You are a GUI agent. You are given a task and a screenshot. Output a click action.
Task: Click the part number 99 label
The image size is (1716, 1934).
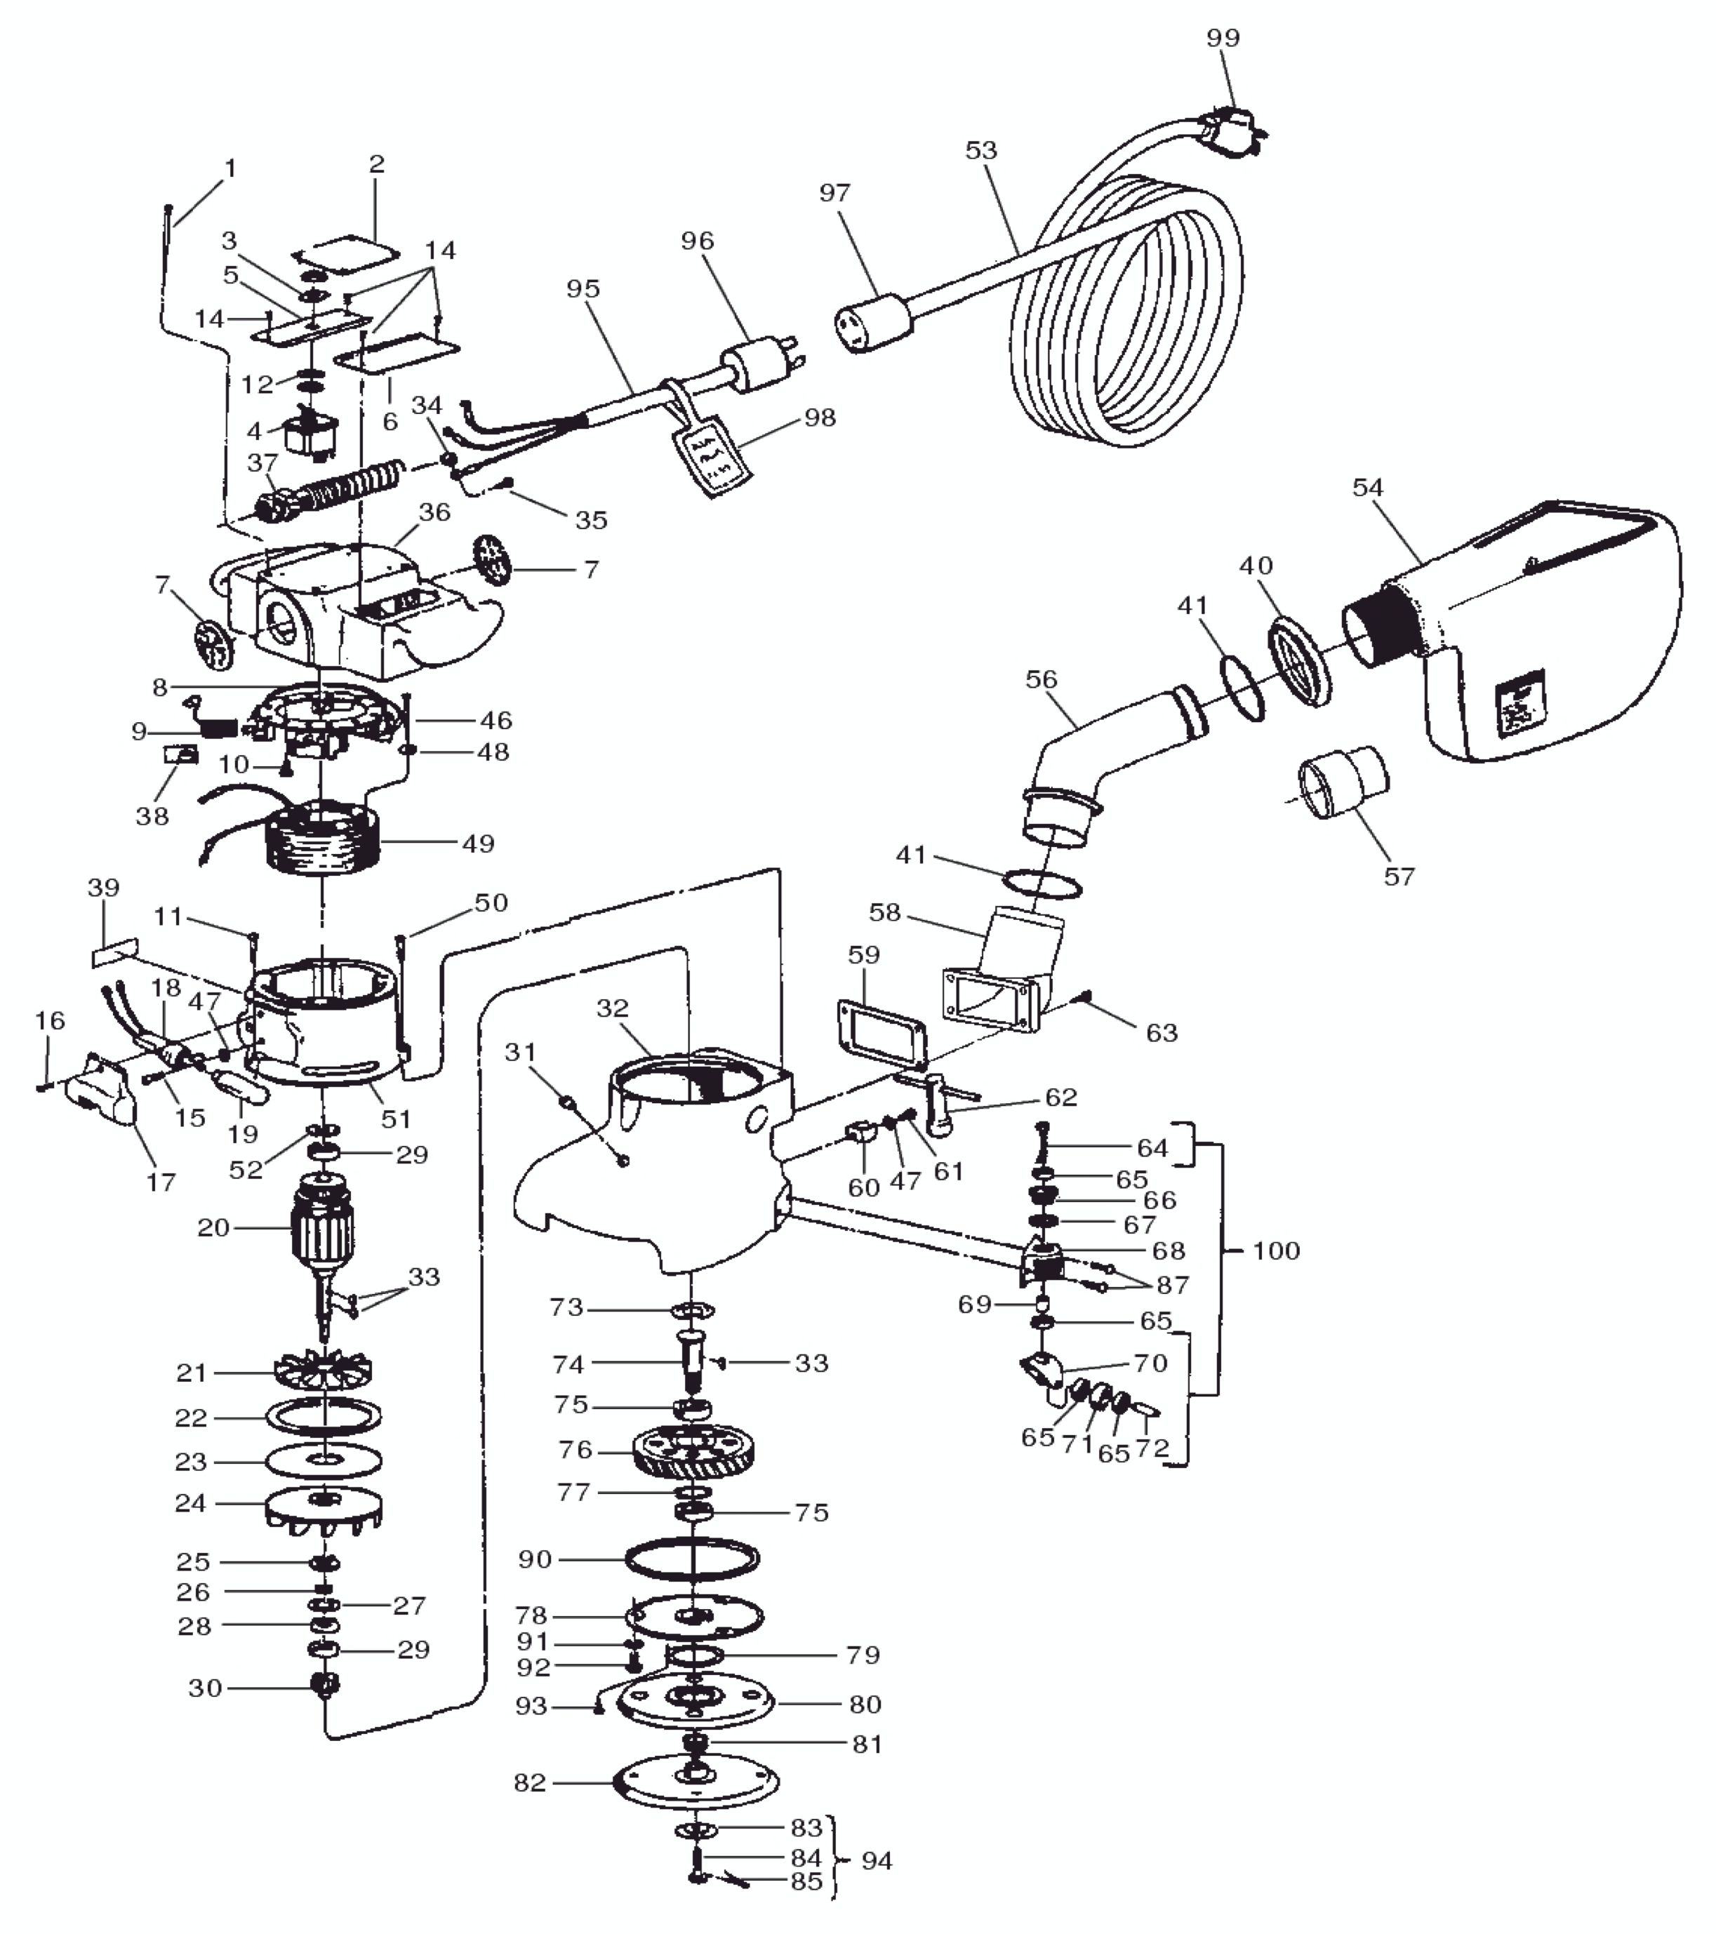(1223, 38)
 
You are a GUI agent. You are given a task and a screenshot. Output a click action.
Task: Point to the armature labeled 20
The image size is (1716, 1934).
(324, 1227)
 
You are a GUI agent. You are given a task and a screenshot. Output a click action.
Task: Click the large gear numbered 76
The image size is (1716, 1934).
(694, 1451)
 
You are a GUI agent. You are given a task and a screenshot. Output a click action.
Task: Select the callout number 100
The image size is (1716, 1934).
(1276, 1251)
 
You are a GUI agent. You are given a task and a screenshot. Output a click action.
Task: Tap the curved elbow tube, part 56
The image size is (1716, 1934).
(1098, 757)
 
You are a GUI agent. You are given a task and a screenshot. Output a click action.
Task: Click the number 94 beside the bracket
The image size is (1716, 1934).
(877, 1861)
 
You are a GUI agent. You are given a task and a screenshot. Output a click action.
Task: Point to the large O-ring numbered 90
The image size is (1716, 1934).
(692, 1559)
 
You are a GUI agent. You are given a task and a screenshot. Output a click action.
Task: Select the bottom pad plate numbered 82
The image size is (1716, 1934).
(696, 1782)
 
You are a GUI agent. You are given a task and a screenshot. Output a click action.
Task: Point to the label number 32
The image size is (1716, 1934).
(613, 1008)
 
